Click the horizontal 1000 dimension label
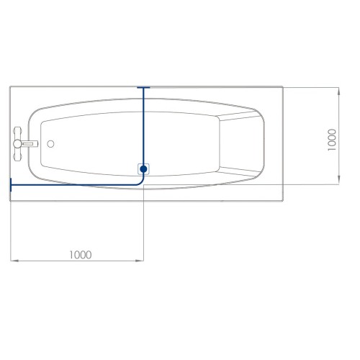pyautogui.click(x=81, y=255)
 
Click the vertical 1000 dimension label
pyautogui.click(x=332, y=140)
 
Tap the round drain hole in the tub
pyautogui.click(x=50, y=144)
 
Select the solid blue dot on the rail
pyautogui.click(x=143, y=169)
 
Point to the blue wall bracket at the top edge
pyautogui.click(x=143, y=88)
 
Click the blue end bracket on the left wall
pyautogui.click(x=11, y=185)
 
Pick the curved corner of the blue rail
pyautogui.click(x=141, y=182)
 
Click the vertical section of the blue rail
pyautogui.click(x=143, y=127)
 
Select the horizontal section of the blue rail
pyautogui.click(x=74, y=185)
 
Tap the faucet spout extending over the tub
pyautogui.click(x=31, y=143)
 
